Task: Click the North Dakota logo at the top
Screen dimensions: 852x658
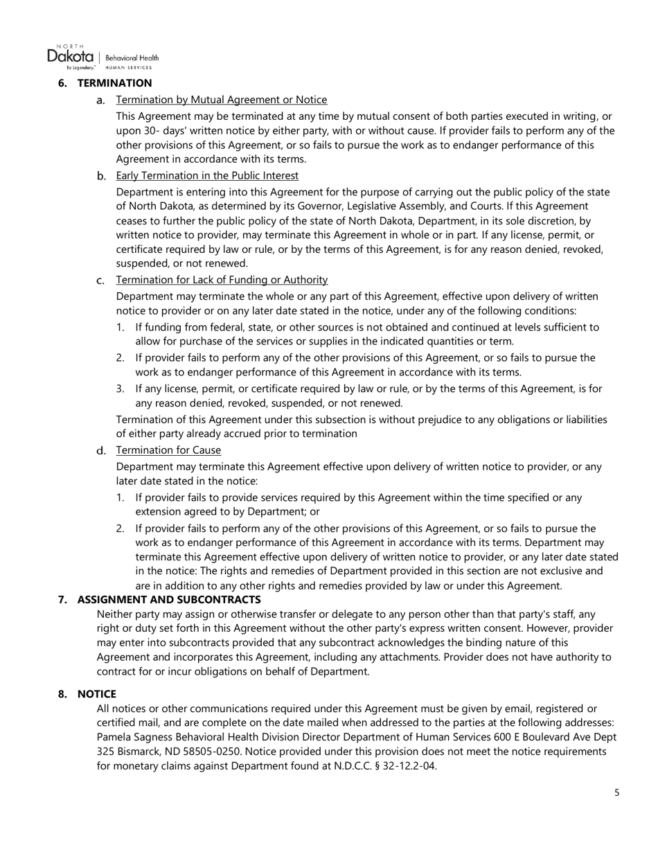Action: (71, 57)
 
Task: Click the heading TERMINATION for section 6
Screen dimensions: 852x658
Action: (114, 83)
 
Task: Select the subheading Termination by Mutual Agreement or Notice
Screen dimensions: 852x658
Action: (222, 100)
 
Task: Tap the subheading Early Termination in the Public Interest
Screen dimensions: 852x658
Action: (207, 175)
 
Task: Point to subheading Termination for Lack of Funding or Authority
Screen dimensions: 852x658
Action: (222, 280)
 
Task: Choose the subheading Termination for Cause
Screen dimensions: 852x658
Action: (168, 450)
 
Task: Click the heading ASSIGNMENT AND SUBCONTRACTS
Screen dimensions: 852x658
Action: (169, 599)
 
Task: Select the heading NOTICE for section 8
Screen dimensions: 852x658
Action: (96, 694)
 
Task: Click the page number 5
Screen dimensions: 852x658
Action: (616, 792)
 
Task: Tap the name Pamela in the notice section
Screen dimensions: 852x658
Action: (114, 737)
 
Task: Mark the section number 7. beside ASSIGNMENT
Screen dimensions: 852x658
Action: (63, 599)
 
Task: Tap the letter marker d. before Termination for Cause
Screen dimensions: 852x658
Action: (101, 451)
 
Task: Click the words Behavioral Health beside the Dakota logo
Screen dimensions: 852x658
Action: (132, 58)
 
